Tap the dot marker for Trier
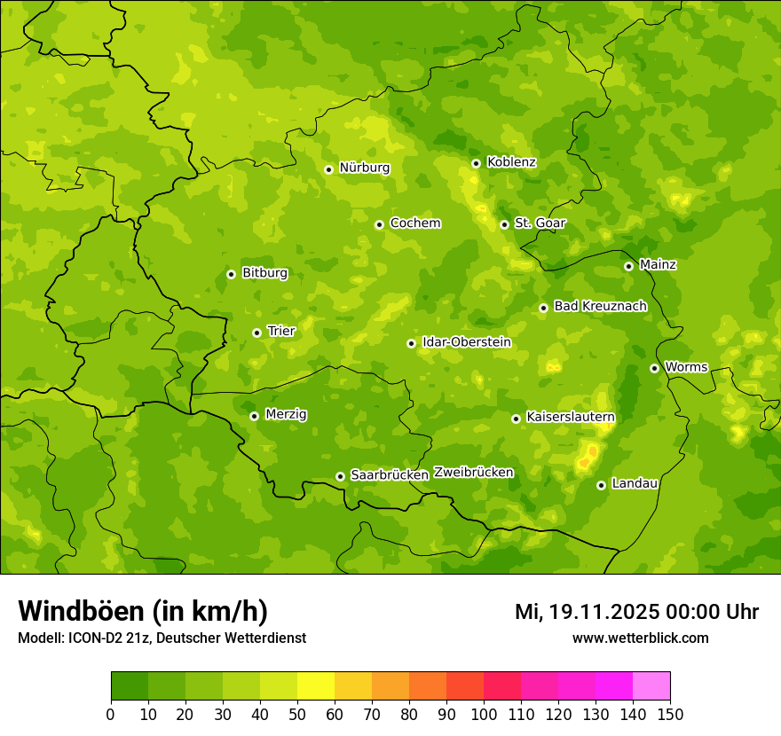(256, 333)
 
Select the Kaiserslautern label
(571, 417)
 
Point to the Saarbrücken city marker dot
(340, 476)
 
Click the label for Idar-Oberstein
(467, 342)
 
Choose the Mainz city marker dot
(628, 266)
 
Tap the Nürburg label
(364, 168)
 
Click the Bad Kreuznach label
(600, 306)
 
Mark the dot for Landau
(601, 485)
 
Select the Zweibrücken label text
(473, 473)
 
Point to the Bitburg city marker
(231, 274)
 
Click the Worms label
(686, 367)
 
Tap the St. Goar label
(540, 223)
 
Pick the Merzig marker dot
(254, 416)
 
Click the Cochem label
(415, 223)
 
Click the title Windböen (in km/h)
(143, 611)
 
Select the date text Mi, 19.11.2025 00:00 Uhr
(636, 612)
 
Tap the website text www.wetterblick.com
(640, 638)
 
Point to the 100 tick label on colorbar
(484, 714)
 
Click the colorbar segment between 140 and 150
(651, 686)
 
